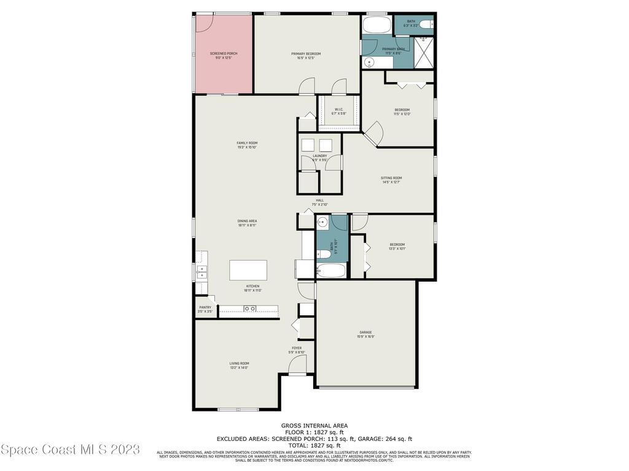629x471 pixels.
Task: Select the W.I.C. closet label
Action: [x=338, y=112]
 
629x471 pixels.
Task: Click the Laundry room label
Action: [x=319, y=158]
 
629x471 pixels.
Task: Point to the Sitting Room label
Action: [x=391, y=180]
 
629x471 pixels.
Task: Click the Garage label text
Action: [x=365, y=334]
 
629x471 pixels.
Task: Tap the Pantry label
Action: [x=205, y=309]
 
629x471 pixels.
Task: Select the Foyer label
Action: [x=297, y=350]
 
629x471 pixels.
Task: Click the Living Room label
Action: [x=239, y=365]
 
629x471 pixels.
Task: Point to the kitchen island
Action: [x=248, y=270]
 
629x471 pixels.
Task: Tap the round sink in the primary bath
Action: [x=370, y=61]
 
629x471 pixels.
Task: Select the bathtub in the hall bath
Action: [x=332, y=270]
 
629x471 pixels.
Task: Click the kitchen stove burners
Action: [x=249, y=308]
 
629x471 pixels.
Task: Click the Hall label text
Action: [x=319, y=202]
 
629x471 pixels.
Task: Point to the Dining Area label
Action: [x=247, y=223]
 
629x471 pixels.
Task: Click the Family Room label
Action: [x=247, y=145]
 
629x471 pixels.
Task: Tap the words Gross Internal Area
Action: [x=314, y=426]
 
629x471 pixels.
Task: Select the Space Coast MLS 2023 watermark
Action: [x=70, y=450]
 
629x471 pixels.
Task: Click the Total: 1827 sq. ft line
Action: [x=314, y=445]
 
